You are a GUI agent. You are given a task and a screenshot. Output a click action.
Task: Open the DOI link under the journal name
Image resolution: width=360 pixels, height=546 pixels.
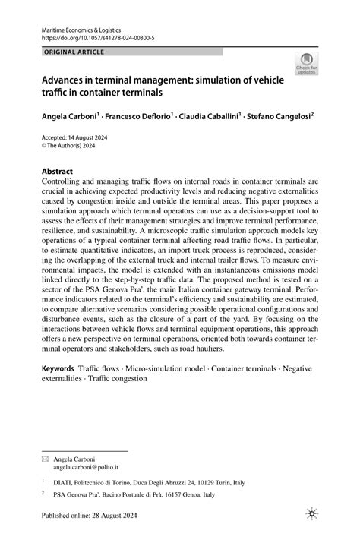click(x=90, y=36)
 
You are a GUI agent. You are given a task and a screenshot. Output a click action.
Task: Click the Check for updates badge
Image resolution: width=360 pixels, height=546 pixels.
click(x=308, y=63)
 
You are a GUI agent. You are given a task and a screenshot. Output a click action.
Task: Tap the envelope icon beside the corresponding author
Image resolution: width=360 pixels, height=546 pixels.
click(x=44, y=438)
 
